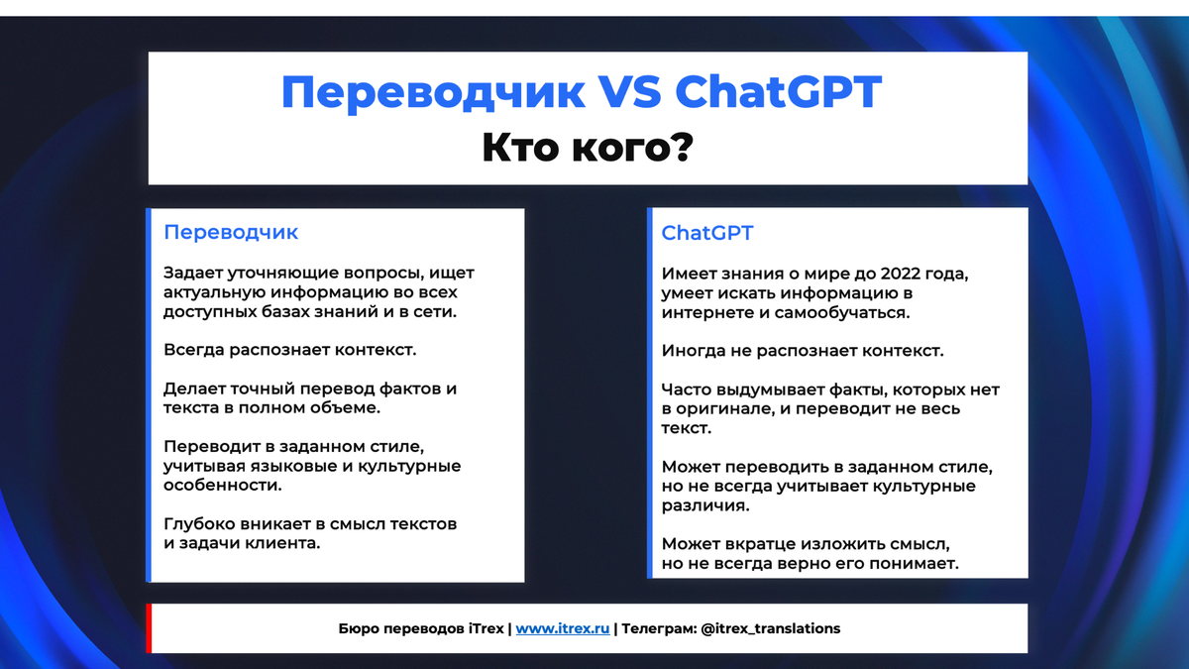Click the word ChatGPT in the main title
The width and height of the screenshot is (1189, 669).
778,92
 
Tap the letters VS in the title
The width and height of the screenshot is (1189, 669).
629,92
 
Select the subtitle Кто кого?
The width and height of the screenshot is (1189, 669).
588,147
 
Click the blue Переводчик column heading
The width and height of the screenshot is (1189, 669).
231,233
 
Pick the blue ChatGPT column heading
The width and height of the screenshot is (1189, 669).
707,233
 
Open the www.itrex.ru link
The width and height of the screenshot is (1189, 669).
563,628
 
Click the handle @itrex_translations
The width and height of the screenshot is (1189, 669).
771,628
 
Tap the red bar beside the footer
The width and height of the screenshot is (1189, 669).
150,628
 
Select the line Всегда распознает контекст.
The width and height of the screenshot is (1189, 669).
289,350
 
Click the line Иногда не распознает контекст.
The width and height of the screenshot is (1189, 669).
803,351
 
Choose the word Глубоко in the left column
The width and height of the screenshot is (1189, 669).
199,524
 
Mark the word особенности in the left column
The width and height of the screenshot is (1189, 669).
222,486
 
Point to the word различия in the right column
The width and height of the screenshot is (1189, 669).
705,505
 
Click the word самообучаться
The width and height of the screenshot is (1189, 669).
842,313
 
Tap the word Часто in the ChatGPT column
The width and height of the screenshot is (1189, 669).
687,390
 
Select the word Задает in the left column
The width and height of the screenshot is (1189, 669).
193,273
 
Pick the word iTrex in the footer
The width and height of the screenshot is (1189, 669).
486,628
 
